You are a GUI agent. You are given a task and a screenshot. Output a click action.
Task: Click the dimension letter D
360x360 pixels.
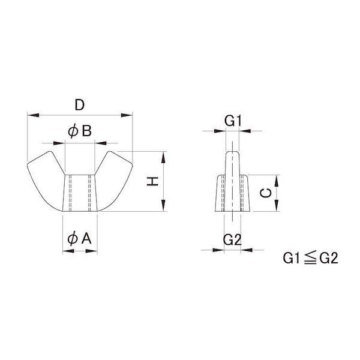80,105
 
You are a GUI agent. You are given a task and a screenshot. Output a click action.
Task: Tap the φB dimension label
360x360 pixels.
80,131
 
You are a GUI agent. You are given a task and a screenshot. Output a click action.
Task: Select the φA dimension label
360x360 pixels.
80,239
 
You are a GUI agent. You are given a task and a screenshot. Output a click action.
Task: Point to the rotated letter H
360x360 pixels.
152,181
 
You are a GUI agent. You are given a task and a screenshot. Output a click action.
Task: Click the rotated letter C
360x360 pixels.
266,193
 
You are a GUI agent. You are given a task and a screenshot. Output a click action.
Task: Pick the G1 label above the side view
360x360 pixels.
233,121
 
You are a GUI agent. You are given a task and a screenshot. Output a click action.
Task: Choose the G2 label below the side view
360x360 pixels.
232,240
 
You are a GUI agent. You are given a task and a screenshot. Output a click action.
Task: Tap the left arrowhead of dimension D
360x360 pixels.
33,115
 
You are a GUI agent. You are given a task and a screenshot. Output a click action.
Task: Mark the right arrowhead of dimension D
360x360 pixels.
127,115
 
